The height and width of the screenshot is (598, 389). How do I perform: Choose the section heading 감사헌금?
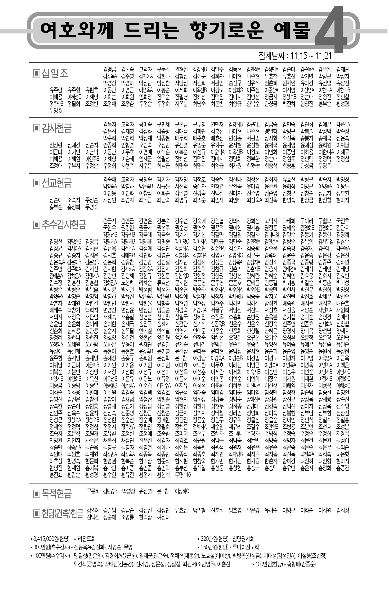tap(56, 128)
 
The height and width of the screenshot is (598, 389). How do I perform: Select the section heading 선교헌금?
tap(56, 183)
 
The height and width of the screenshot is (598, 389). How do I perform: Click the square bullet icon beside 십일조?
tap(36, 73)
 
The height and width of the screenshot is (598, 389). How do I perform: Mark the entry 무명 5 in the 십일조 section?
tap(55, 111)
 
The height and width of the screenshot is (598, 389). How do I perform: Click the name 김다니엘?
tap(272, 235)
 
